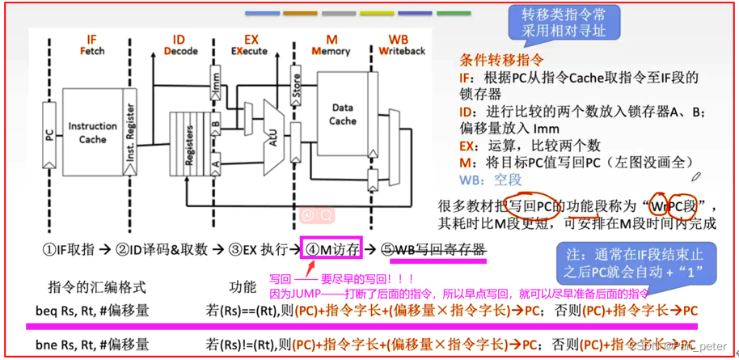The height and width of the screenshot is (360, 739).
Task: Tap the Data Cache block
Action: point(342,115)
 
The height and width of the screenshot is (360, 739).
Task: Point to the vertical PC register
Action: point(49,133)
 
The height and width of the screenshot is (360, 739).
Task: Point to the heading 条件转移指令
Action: point(501,61)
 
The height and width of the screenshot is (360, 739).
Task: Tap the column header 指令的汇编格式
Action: point(97,286)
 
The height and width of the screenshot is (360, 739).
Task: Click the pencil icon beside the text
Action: point(697,176)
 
